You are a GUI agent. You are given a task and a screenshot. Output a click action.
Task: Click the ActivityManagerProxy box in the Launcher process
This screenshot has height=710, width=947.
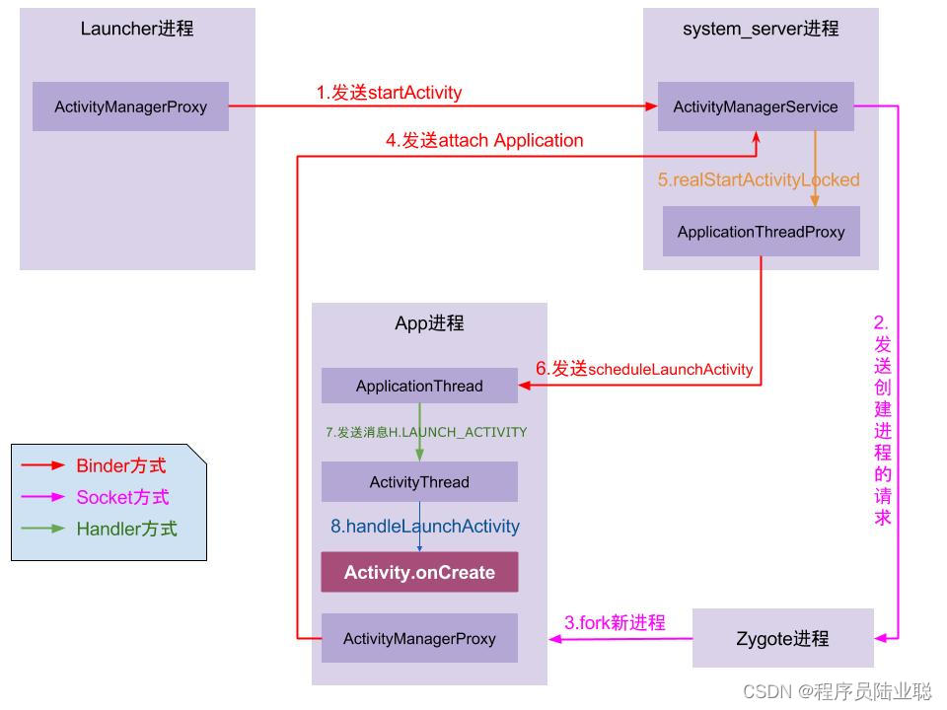130,106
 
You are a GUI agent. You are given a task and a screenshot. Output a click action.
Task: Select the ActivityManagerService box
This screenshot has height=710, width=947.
756,106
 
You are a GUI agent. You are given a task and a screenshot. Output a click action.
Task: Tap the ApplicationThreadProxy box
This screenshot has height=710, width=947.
761,232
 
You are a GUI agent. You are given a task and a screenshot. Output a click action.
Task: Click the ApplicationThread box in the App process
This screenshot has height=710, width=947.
419,386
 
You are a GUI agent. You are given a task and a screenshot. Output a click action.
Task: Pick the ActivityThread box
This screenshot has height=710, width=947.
419,482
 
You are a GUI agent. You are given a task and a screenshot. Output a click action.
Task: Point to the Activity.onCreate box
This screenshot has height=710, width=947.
419,572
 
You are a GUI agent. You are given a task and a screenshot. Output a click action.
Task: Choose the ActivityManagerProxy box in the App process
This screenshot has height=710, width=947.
419,638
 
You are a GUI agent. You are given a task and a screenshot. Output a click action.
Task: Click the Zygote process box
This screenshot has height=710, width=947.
782,638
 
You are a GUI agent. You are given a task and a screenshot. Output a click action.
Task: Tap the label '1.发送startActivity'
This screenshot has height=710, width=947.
389,93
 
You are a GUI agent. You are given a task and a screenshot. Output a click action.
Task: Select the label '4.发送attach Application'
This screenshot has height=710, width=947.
484,140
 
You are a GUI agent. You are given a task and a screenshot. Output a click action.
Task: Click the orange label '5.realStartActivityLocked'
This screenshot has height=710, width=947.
759,179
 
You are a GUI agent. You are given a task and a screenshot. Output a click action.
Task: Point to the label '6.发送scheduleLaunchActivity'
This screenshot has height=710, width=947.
644,369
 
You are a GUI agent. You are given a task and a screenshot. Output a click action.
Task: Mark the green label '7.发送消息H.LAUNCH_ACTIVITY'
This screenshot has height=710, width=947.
426,432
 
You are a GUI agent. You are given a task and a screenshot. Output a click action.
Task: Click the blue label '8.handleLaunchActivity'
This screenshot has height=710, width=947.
424,527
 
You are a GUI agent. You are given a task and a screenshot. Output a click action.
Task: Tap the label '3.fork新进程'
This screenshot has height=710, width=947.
615,622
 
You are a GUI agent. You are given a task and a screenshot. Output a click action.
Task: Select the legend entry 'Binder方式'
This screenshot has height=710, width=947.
121,465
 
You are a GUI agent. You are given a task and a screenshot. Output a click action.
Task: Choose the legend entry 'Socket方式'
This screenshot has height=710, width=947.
122,497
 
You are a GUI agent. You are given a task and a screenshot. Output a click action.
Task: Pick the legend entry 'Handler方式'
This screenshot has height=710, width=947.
126,529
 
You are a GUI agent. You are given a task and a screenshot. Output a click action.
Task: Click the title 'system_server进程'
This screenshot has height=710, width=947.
761,29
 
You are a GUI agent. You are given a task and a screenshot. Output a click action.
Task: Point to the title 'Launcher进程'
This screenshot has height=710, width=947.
137,29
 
